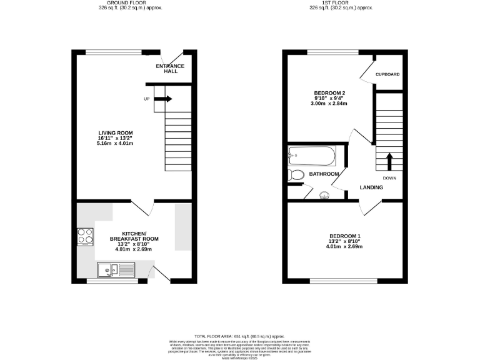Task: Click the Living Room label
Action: (115, 132)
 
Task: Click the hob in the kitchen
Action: (85, 236)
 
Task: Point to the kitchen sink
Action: (116, 271)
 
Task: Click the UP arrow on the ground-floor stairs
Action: (164, 99)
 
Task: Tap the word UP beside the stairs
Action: (146, 99)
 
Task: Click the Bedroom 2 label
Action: (329, 93)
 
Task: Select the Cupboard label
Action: (387, 74)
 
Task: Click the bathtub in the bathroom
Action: (312, 155)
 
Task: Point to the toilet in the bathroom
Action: (296, 175)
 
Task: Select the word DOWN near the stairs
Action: (390, 177)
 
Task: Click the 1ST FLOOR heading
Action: (341, 2)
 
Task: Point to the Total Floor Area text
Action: (240, 336)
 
